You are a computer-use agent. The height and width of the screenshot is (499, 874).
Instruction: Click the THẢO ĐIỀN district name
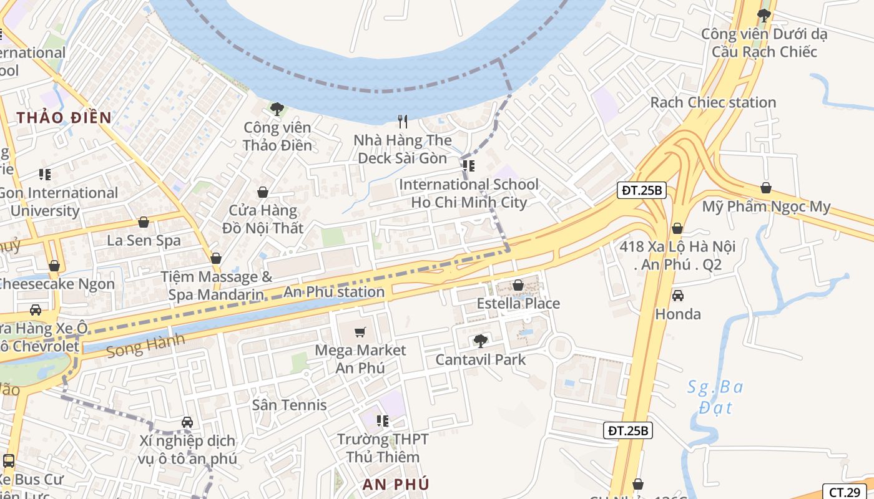pyautogui.click(x=64, y=117)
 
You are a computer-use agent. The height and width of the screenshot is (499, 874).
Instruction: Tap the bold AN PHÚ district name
pyautogui.click(x=396, y=484)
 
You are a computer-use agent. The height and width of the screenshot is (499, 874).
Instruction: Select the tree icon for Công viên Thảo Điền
pyautogui.click(x=277, y=109)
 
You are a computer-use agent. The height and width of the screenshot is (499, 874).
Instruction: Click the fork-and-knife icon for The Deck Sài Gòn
pyautogui.click(x=403, y=121)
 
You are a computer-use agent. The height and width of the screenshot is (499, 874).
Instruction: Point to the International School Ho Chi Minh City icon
pyautogui.click(x=469, y=166)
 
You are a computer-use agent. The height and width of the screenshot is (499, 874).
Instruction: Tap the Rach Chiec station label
pyautogui.click(x=713, y=102)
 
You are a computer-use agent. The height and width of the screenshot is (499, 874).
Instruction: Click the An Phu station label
pyautogui.click(x=334, y=291)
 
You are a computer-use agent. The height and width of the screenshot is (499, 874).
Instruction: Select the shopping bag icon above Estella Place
pyautogui.click(x=518, y=285)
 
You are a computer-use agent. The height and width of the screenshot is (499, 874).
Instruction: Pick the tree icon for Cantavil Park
pyautogui.click(x=480, y=341)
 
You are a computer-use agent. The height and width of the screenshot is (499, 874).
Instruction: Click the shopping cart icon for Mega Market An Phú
pyautogui.click(x=360, y=332)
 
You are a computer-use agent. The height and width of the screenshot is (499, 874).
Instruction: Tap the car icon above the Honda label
pyautogui.click(x=677, y=296)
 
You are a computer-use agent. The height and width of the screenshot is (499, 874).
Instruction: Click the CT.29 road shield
pyautogui.click(x=844, y=492)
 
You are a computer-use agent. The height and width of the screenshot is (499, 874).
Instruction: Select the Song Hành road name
pyautogui.click(x=145, y=345)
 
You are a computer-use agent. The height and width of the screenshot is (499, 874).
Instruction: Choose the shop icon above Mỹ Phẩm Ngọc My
pyautogui.click(x=766, y=188)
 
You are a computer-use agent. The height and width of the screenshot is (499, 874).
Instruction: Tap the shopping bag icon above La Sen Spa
pyautogui.click(x=144, y=222)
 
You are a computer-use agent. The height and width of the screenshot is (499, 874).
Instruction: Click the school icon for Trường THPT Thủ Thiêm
pyautogui.click(x=383, y=421)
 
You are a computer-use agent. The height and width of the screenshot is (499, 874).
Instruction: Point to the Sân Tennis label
pyautogui.click(x=289, y=405)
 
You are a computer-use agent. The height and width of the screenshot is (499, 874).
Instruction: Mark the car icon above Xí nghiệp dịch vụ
pyautogui.click(x=187, y=423)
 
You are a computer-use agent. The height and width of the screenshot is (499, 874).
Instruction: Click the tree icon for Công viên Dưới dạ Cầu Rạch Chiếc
pyautogui.click(x=764, y=15)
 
